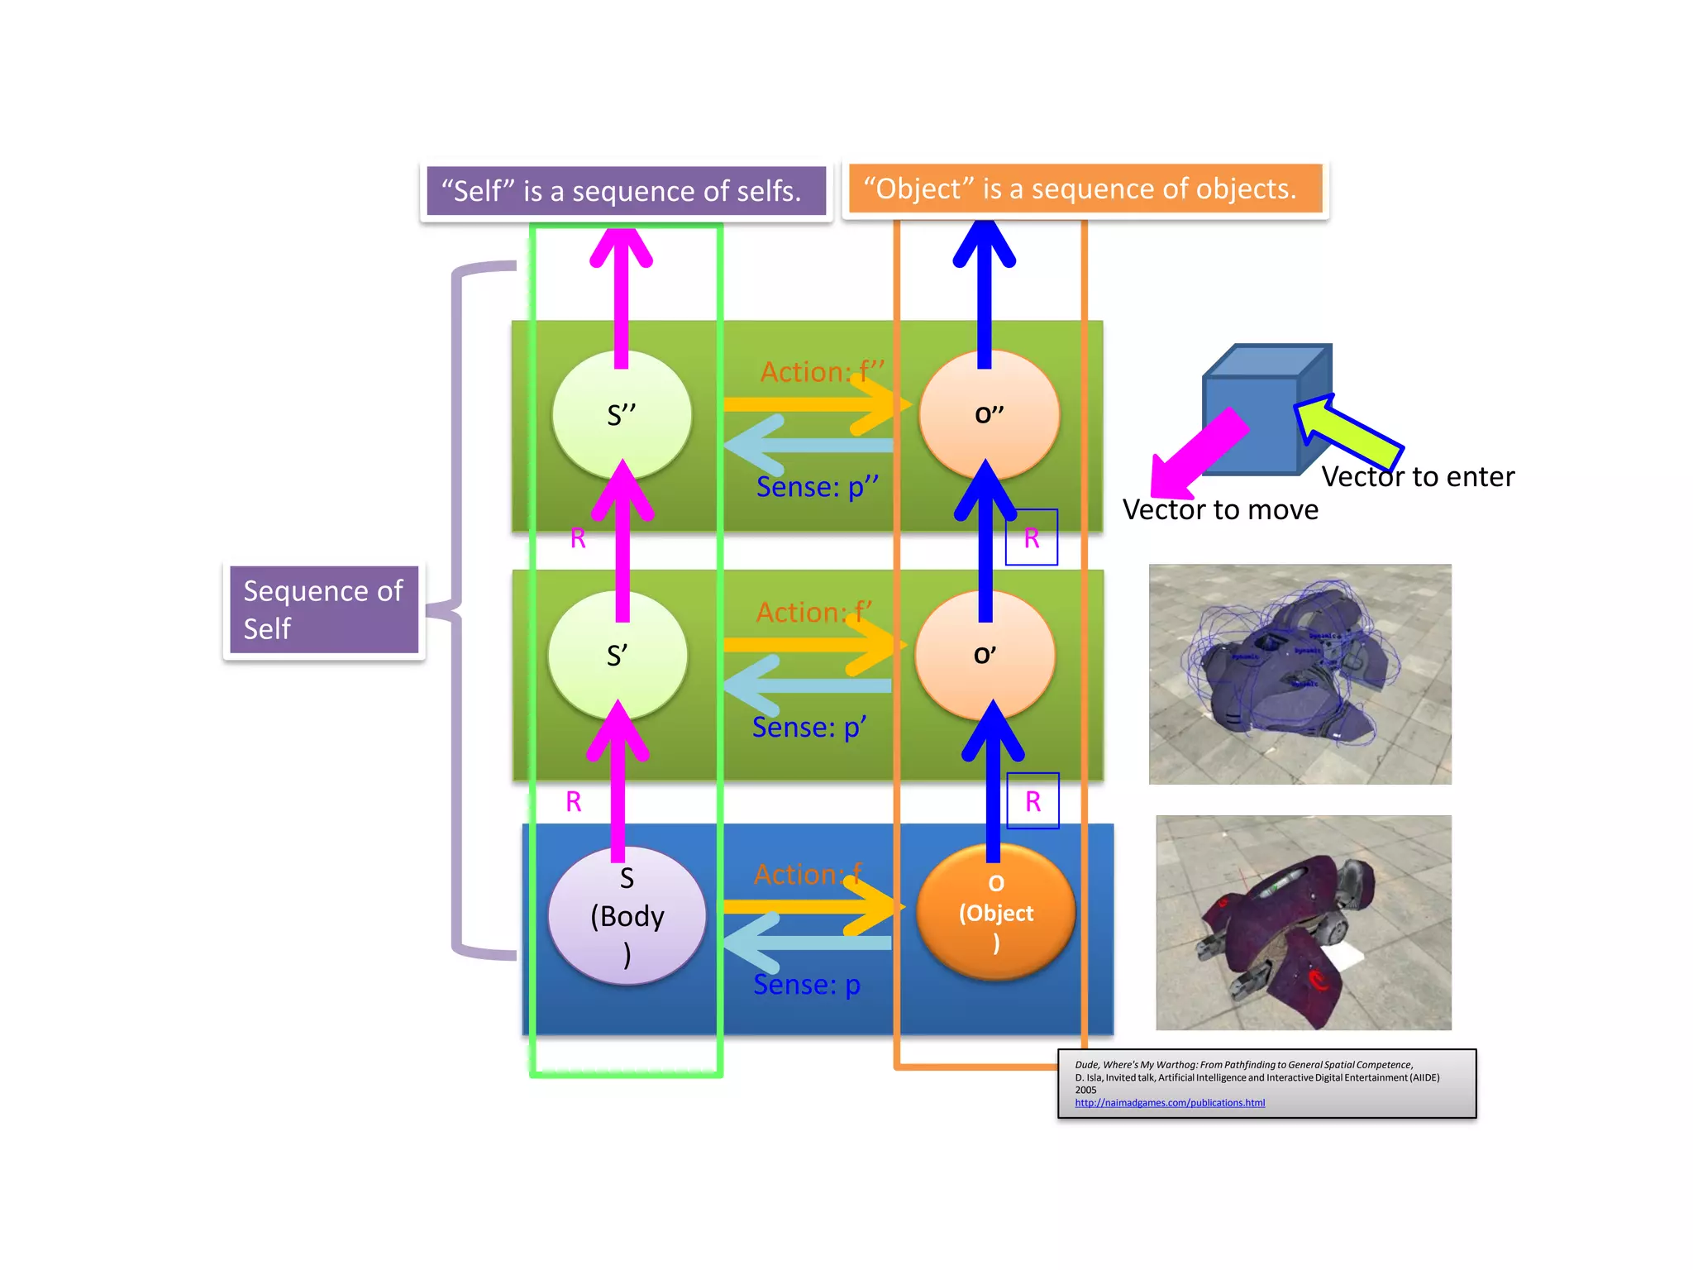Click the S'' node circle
622,415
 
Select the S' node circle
618,656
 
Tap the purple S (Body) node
627,916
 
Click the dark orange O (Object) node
995,913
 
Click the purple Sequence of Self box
323,610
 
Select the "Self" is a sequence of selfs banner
626,191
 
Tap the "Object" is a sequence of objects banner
1085,189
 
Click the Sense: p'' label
817,487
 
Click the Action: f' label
813,613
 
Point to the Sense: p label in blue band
806,985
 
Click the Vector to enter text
1417,477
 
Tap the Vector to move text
1220,510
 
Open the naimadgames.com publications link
1169,1103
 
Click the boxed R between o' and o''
1031,538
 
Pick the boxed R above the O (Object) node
1032,801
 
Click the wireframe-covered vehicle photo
1300,674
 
